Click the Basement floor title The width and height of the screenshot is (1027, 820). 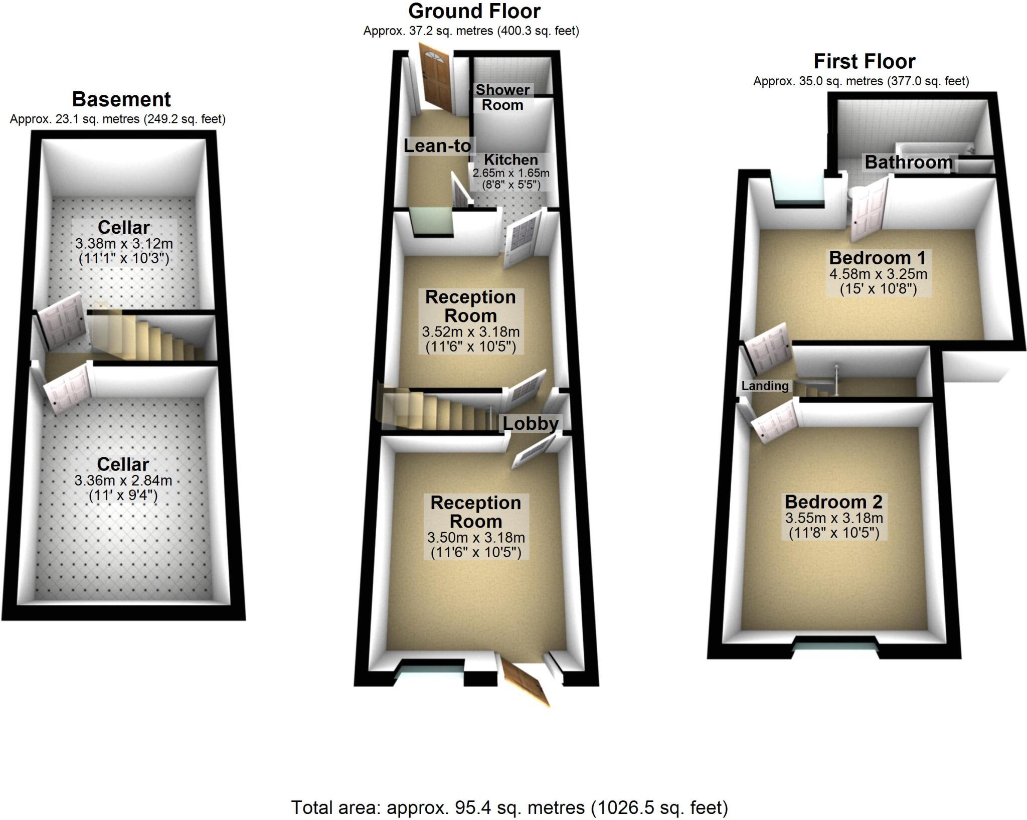coord(121,99)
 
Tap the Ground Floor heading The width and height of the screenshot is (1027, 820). coord(474,11)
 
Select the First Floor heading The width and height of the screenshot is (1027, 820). coord(864,62)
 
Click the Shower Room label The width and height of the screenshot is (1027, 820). coord(502,97)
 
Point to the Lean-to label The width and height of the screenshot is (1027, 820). coord(437,146)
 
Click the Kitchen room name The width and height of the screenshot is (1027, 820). coord(510,160)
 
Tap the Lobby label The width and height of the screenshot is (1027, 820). coord(531,424)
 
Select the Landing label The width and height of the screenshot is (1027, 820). coord(765,386)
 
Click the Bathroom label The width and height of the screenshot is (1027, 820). coord(909,162)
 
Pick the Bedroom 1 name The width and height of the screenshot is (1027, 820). coord(877,258)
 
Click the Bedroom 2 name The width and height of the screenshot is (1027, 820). coord(833,502)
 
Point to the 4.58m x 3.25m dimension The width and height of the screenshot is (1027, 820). coord(878,274)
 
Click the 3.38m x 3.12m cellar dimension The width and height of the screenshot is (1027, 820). coord(124,244)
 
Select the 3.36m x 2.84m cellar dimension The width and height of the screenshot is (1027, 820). coord(123,480)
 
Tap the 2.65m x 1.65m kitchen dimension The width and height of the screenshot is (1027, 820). coord(510,174)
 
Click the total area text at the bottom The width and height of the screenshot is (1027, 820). coord(509,807)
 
